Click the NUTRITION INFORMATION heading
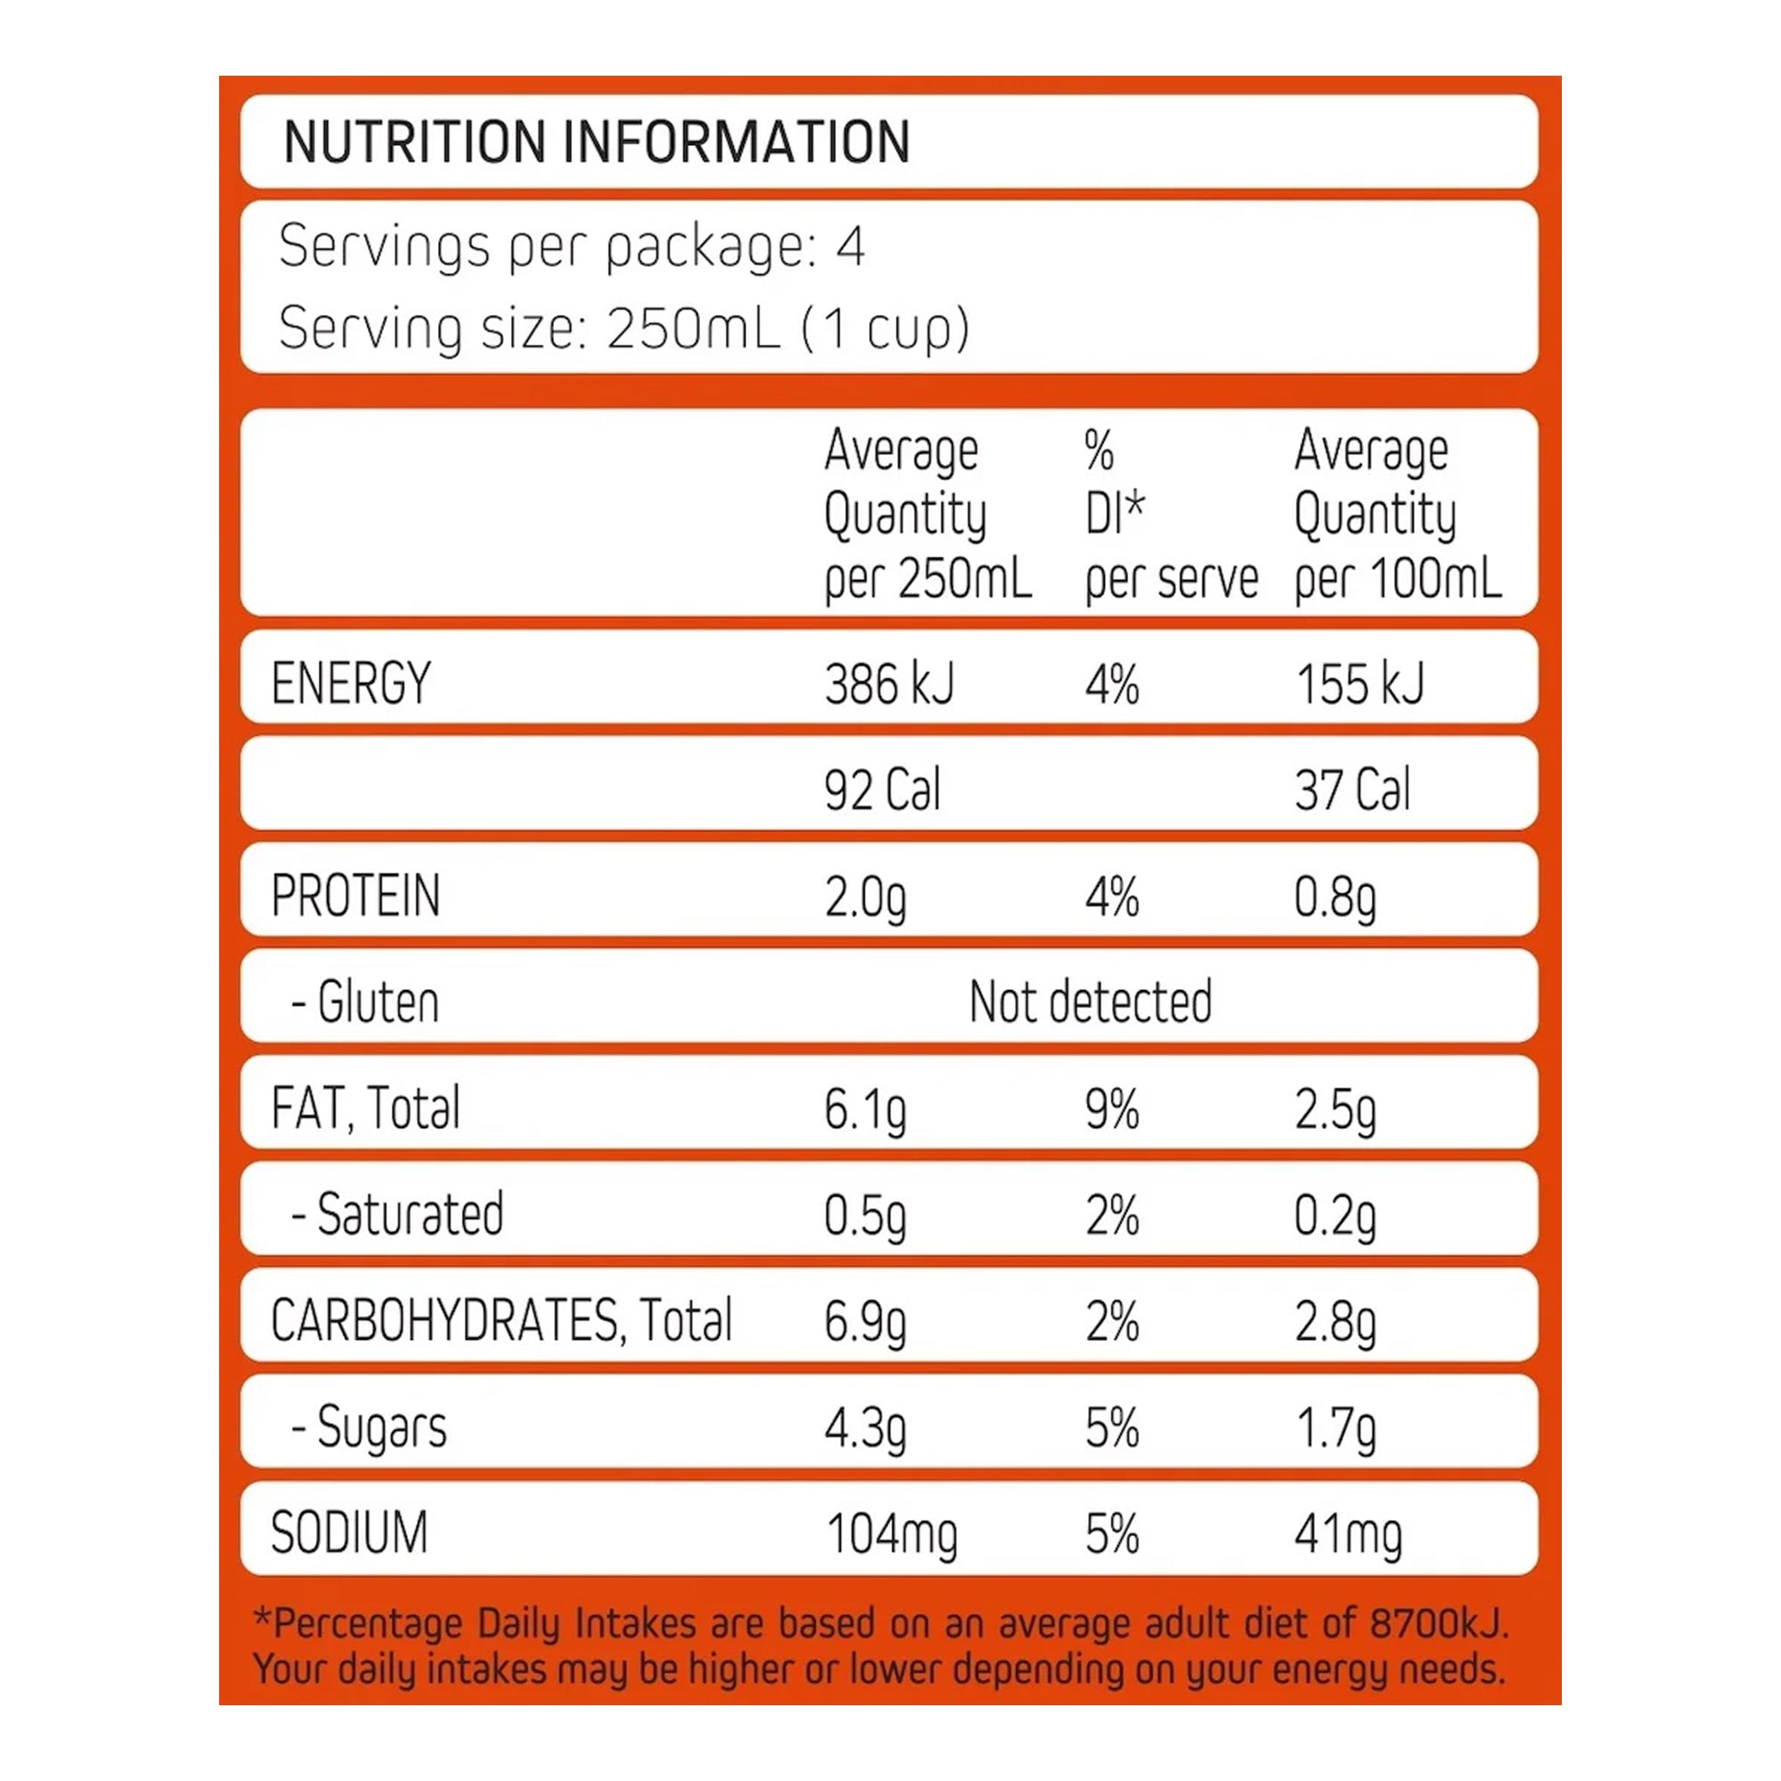[597, 142]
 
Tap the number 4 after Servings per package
[850, 247]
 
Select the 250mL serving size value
[692, 329]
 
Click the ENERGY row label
[351, 683]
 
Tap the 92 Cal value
[882, 790]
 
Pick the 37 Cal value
[1352, 790]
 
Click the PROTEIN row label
[356, 895]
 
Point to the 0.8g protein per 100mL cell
[1334, 897]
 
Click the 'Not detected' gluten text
[1091, 1002]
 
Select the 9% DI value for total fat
[1111, 1109]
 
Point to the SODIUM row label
[349, 1533]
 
